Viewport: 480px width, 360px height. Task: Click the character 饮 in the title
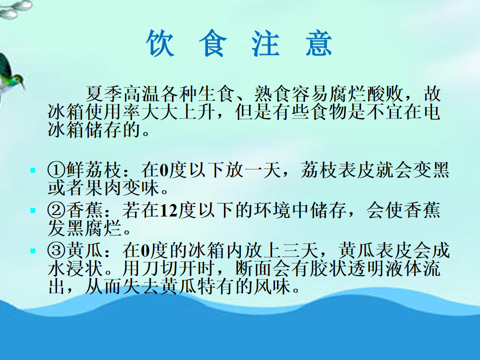tap(160, 43)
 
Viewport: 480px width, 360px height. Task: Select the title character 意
tap(319, 43)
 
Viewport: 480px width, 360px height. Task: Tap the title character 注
tap(265, 43)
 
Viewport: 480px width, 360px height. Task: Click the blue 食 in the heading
tap(213, 43)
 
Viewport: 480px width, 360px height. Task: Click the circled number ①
tap(56, 170)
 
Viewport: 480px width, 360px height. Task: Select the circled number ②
tap(56, 210)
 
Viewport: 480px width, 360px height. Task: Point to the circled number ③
tap(56, 250)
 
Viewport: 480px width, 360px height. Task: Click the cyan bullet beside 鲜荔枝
tap(33, 170)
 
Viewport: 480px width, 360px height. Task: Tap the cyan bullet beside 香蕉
tap(33, 210)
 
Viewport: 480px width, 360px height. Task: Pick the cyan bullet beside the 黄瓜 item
tap(33, 251)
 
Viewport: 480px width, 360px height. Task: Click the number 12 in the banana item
tap(168, 210)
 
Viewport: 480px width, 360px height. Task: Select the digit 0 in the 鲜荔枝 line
tap(164, 170)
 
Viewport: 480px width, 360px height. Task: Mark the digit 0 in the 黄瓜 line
tap(145, 251)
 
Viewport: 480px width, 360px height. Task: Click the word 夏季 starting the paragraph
tap(104, 93)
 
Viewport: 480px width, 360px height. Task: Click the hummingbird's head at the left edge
tap(18, 78)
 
